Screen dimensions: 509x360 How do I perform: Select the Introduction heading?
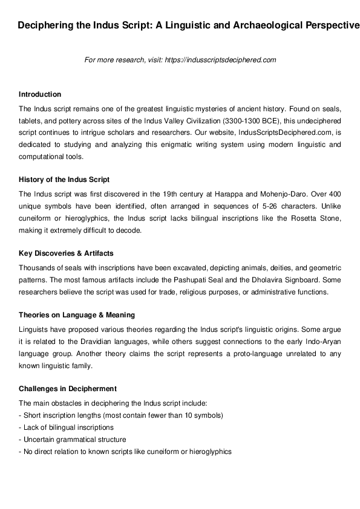coord(40,94)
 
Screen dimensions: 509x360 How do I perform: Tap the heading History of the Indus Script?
coord(64,180)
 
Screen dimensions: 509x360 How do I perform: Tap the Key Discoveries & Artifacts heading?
coord(66,253)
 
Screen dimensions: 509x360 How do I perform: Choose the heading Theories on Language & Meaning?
coord(77,315)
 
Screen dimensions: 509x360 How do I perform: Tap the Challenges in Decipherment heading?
coord(68,388)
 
